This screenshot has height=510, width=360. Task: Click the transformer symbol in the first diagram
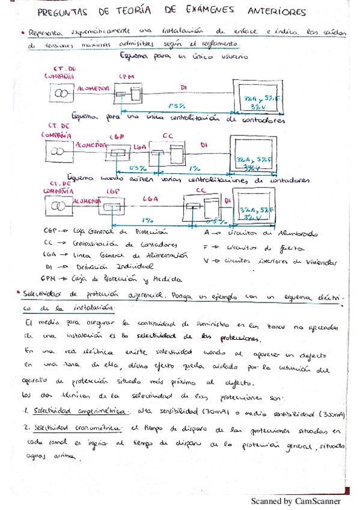pyautogui.click(x=59, y=94)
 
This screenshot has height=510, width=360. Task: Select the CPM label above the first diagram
pyautogui.click(x=127, y=78)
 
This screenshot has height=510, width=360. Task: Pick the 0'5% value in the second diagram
pyautogui.click(x=138, y=168)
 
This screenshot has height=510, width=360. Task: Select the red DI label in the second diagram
pyautogui.click(x=204, y=145)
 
